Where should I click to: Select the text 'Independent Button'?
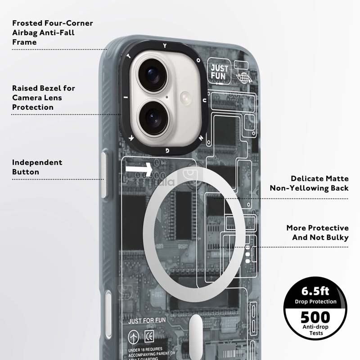(x=37, y=167)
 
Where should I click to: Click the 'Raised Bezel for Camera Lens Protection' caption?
(x=43, y=98)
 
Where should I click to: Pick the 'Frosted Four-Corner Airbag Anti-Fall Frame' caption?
(x=52, y=32)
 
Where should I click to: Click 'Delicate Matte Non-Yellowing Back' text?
(x=309, y=183)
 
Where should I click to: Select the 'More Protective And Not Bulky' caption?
(x=317, y=233)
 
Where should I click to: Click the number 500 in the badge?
(x=315, y=317)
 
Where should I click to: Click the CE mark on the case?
(x=148, y=336)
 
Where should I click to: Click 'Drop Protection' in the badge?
(x=315, y=301)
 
